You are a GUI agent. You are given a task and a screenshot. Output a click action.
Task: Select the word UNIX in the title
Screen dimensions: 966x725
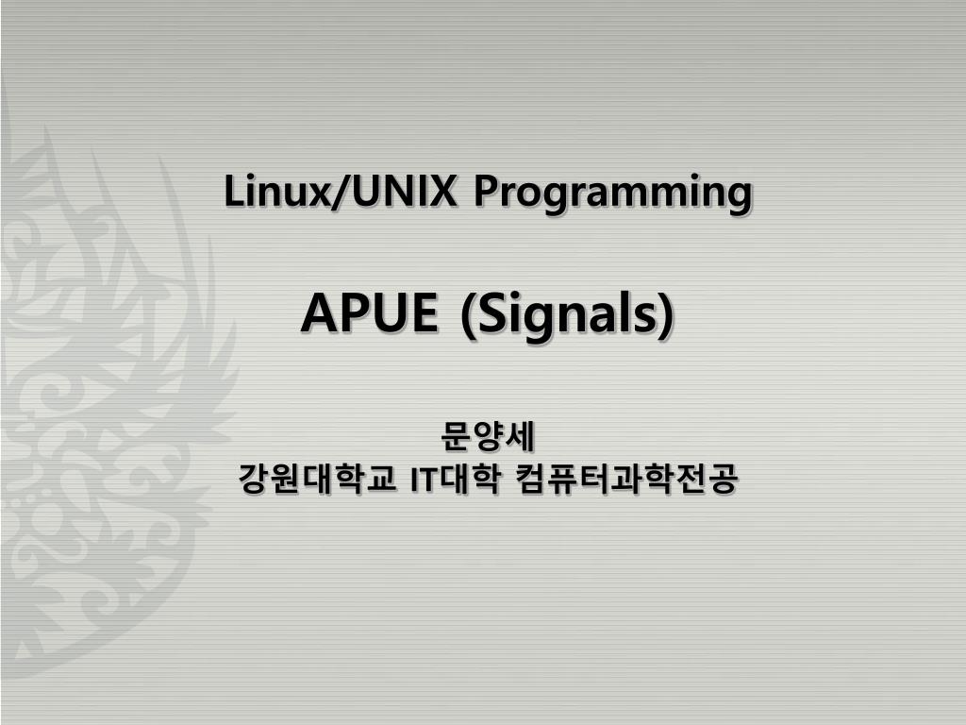coord(404,191)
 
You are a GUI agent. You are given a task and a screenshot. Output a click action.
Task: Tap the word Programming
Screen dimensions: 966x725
coord(613,194)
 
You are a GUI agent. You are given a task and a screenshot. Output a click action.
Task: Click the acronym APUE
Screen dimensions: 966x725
coord(369,312)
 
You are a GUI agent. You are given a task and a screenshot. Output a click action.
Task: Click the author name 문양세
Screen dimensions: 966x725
coord(488,437)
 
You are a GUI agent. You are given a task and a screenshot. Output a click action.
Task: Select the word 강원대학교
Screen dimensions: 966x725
coord(317,479)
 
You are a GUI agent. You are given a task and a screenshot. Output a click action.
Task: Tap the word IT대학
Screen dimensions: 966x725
coord(455,479)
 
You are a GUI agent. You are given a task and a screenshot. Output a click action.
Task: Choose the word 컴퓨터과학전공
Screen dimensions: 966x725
coord(626,479)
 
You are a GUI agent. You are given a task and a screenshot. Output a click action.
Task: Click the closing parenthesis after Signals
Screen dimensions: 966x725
coord(665,315)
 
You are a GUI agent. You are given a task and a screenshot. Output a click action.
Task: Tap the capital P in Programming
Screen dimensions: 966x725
coord(486,191)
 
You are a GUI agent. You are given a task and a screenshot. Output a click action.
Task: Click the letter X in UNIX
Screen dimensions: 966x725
coord(442,191)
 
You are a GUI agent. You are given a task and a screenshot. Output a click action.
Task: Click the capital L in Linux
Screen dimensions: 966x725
coord(233,191)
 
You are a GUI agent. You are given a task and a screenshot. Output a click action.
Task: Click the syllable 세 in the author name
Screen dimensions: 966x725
coord(520,437)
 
